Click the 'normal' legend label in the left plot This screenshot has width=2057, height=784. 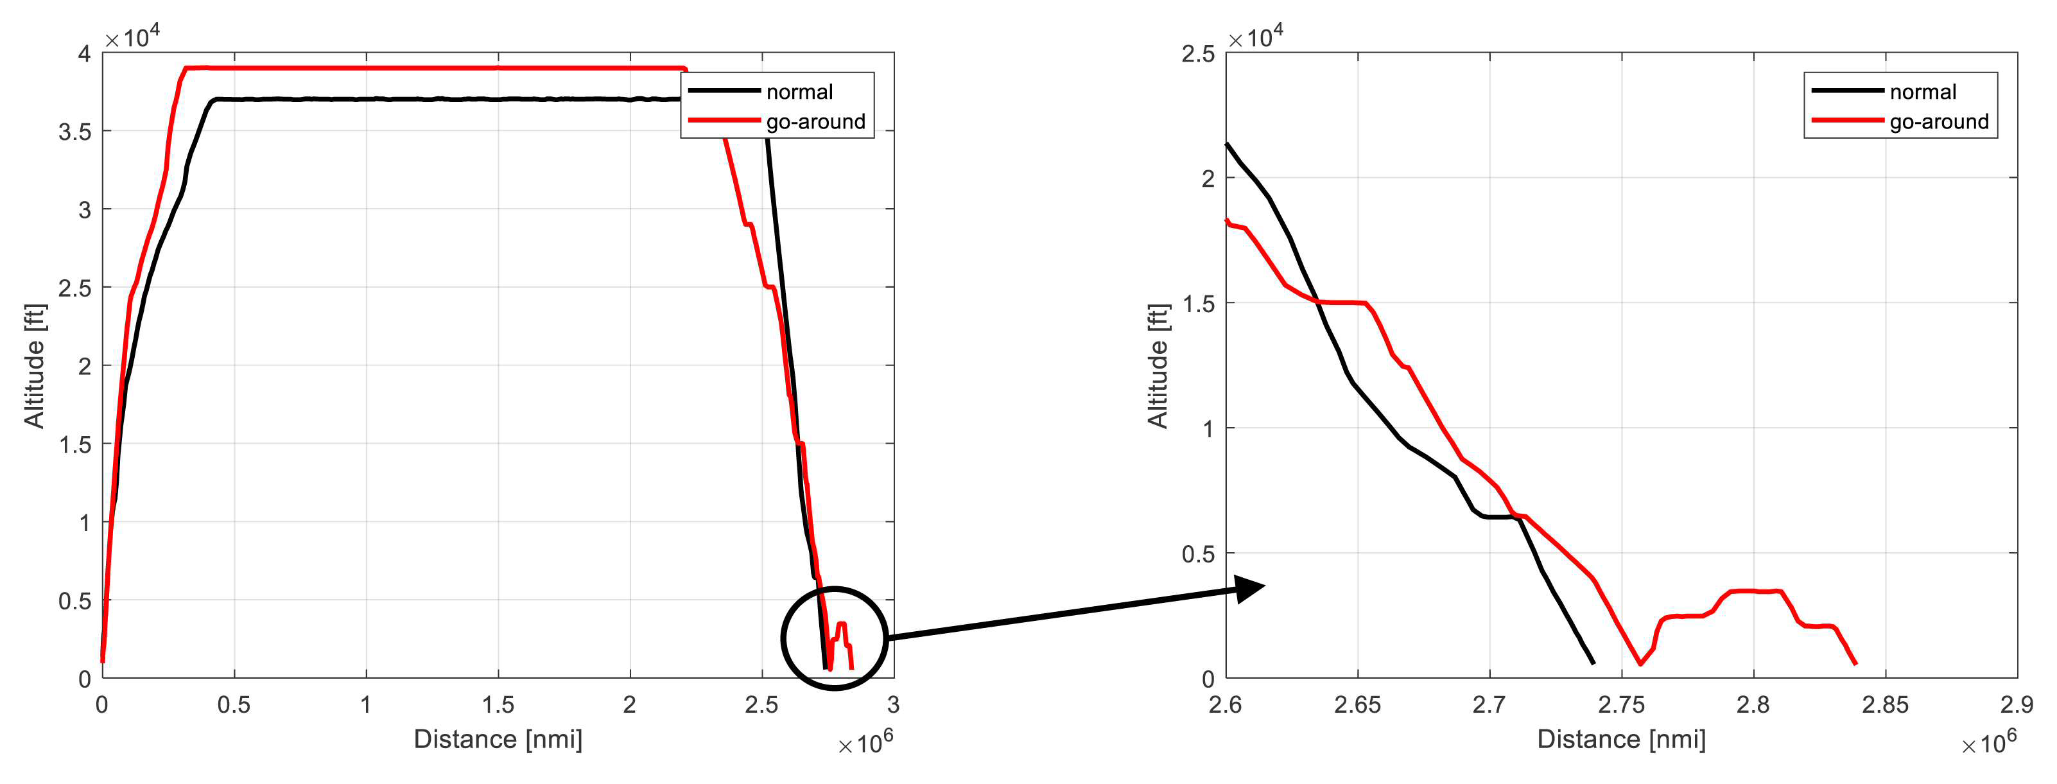click(x=799, y=92)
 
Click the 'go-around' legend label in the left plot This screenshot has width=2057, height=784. click(x=815, y=121)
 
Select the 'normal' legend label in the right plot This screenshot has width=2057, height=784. click(x=1923, y=92)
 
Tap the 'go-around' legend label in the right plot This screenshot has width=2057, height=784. click(x=1939, y=121)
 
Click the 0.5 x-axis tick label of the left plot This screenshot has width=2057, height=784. click(x=234, y=705)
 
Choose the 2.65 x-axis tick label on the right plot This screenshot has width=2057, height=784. click(x=1357, y=705)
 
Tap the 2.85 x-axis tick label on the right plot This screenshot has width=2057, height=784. click(x=1886, y=705)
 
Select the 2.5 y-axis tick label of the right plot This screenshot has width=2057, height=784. click(x=1198, y=55)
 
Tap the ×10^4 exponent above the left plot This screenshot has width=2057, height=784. click(x=132, y=36)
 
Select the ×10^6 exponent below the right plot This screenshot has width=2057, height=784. click(x=1989, y=742)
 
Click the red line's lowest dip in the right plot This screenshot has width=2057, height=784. click(x=1640, y=663)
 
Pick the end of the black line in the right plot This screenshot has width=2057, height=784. click(x=1593, y=663)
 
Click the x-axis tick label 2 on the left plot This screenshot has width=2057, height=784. click(x=630, y=705)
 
